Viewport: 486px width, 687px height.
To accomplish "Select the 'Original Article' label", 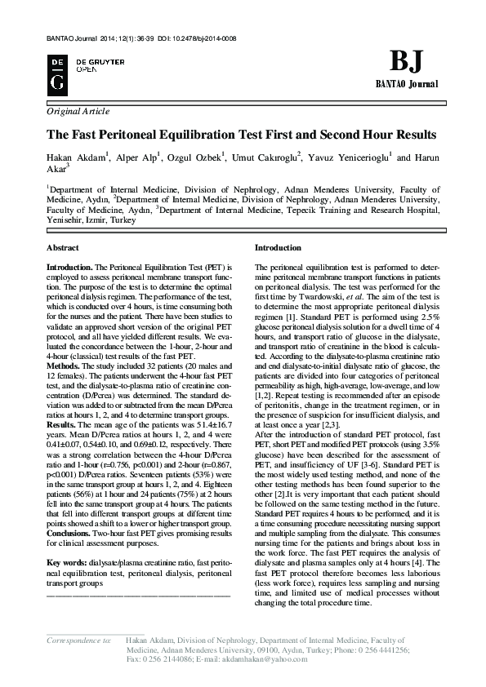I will click(x=78, y=111).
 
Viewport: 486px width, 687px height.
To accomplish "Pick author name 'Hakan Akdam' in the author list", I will click(x=75, y=157).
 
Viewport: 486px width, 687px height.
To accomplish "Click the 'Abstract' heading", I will click(x=63, y=246).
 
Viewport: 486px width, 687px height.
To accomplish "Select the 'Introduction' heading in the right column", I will click(x=278, y=246).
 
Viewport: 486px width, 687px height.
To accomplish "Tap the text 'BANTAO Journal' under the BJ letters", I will click(x=406, y=85).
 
